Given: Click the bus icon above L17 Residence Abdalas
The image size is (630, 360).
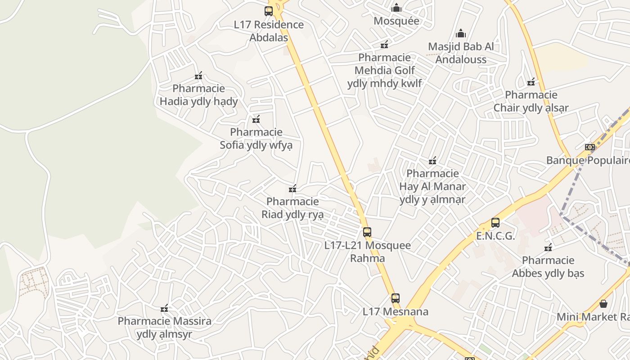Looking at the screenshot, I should pos(269,11).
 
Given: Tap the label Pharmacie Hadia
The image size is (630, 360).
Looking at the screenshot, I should pos(198,95).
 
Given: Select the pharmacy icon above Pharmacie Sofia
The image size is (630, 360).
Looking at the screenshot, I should pos(256,120).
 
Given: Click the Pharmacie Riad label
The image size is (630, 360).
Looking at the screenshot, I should pos(292,208).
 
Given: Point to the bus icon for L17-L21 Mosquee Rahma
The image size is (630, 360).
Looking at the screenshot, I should pos(367,232).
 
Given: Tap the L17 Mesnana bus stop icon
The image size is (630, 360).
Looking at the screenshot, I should pos(396,298).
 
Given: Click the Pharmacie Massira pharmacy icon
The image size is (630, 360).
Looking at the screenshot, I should pos(164,309).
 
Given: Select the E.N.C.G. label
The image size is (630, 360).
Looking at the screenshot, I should pos(495,236).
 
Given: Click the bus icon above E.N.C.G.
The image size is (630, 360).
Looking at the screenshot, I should pos(495,222).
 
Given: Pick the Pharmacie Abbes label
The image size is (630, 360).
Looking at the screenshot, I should pos(548,267).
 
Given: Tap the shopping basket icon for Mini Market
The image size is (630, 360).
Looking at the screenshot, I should pos(603,304).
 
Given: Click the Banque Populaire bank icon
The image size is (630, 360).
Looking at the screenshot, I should pos(590,147).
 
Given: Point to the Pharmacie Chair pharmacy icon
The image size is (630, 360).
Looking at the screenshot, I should pos(531,82).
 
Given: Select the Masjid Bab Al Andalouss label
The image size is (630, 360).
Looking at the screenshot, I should pos(461,53).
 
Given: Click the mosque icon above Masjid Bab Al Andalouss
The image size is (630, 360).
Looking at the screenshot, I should pos(461,34).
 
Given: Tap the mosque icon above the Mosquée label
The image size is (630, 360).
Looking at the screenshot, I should pos(396,8).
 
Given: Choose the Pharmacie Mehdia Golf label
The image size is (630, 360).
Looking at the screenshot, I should pos(385,70).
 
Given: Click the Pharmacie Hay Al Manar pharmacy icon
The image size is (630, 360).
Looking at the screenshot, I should pos(432,161).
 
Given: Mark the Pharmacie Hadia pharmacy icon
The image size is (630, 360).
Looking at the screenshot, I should pos(198,76).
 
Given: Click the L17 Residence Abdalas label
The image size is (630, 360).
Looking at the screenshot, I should pos(269,31).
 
